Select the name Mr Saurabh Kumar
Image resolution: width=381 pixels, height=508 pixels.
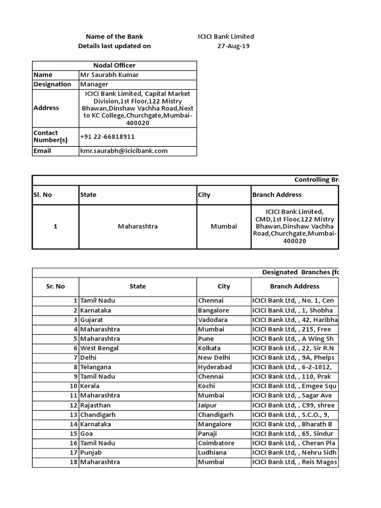point(109,75)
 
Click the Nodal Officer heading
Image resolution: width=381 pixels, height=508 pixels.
point(115,65)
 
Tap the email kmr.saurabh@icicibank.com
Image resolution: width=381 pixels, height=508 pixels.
point(124,151)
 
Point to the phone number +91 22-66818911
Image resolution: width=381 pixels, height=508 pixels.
point(107,136)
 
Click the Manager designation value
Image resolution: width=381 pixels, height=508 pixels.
point(94,84)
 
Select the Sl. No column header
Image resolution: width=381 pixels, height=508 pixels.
point(43,195)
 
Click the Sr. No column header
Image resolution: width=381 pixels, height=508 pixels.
point(56,286)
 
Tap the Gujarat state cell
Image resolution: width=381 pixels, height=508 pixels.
point(92,320)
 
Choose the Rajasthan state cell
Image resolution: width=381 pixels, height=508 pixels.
point(96,405)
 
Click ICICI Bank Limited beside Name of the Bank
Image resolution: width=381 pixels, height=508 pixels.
point(226,37)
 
